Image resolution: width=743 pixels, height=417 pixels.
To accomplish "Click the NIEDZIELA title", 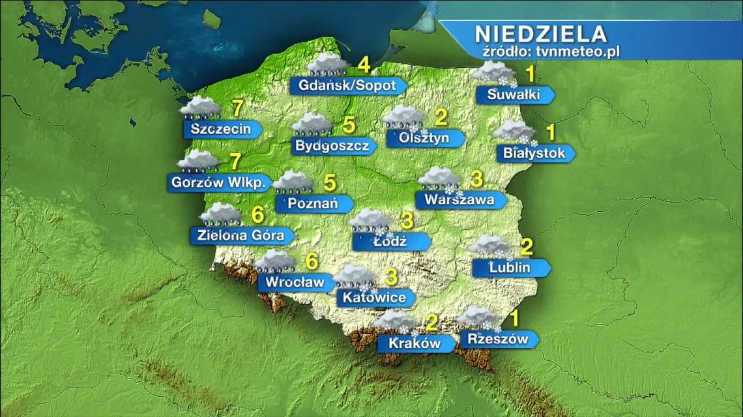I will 540,33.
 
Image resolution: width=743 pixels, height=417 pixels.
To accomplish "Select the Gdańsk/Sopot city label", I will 347,85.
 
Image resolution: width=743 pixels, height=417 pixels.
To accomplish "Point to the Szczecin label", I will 221,128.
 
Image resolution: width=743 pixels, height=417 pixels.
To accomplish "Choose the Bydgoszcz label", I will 332,145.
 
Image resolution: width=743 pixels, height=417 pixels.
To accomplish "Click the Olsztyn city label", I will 424,138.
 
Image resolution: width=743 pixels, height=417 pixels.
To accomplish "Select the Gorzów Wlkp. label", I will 218,182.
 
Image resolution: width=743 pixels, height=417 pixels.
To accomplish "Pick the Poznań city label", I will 312,204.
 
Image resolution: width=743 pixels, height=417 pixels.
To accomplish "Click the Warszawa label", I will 459,199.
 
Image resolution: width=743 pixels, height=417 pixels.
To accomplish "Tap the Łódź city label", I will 390,241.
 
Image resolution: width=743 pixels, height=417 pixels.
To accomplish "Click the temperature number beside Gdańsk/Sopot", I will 363,65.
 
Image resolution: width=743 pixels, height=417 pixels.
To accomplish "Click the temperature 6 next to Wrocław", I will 312,261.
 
